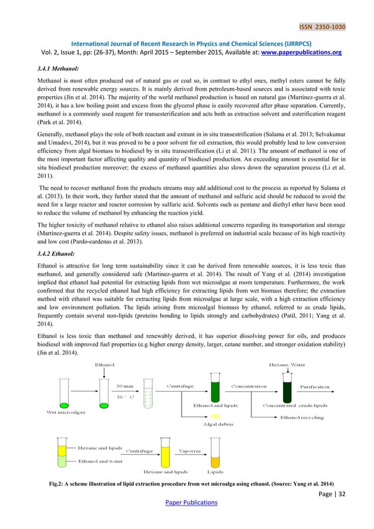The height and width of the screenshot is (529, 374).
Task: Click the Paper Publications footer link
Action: tap(187, 502)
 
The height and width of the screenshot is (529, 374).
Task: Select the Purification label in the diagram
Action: tap(315, 386)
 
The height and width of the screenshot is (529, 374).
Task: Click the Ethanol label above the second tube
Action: tap(106, 365)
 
